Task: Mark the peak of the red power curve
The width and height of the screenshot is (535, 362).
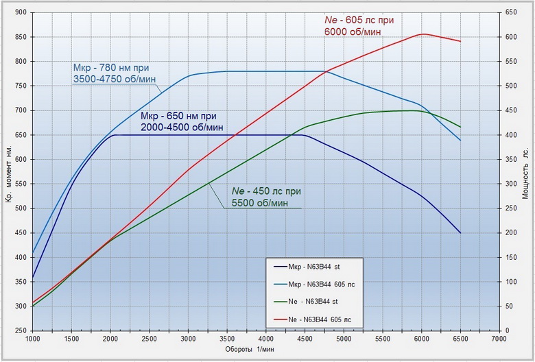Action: coord(422,34)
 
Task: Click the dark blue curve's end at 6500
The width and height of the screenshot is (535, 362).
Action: coord(460,233)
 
